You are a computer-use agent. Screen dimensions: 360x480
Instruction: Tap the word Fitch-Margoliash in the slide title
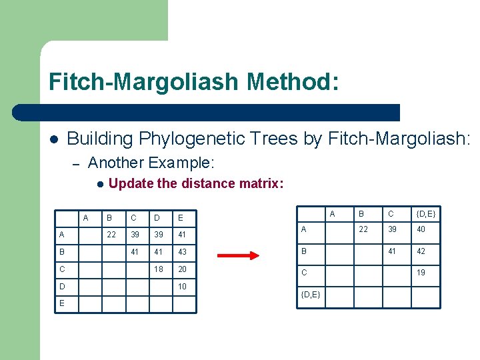[x=143, y=82]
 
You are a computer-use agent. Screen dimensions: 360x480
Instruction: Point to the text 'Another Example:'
[x=151, y=162]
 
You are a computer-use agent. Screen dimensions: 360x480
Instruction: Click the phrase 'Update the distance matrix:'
[x=196, y=183]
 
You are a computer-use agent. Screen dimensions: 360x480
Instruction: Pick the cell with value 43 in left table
[x=183, y=252]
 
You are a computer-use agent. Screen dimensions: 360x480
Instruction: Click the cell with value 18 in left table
[x=159, y=269]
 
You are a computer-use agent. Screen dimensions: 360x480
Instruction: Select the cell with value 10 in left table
[x=183, y=286]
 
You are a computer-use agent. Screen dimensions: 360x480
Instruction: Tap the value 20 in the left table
[x=183, y=269]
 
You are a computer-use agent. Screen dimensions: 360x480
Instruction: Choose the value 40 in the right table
[x=421, y=229]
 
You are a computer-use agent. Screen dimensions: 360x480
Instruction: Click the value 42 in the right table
[x=421, y=251]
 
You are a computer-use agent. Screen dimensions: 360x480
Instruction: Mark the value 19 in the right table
[x=421, y=273]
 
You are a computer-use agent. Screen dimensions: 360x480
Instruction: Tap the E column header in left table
[x=180, y=217]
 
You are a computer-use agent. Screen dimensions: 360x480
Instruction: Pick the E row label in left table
[x=62, y=303]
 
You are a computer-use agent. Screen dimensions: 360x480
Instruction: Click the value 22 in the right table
[x=363, y=229]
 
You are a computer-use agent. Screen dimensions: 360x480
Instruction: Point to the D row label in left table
[x=62, y=286]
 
